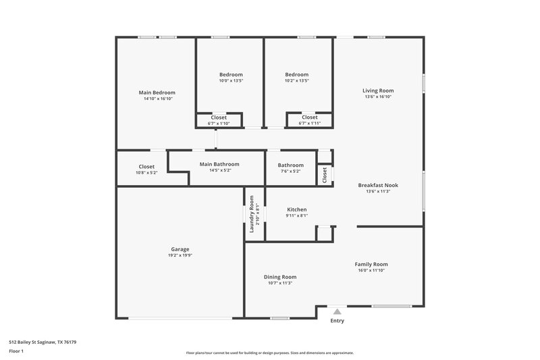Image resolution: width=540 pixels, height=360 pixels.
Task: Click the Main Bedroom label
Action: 157,93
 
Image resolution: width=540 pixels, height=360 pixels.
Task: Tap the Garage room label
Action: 179,249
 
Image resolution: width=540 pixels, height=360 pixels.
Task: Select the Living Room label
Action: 377,91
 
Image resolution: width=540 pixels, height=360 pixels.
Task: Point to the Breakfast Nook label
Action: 377,185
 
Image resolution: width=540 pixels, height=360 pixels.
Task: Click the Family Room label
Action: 371,264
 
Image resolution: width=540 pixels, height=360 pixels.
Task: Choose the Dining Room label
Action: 279,277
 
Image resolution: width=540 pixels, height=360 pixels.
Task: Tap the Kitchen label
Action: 297,209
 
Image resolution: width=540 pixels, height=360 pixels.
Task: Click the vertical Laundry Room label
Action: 252,214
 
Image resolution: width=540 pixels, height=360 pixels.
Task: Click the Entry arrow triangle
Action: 337,311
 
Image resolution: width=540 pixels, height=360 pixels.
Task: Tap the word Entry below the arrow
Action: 337,321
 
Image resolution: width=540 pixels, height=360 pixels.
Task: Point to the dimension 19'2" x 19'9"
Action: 179,256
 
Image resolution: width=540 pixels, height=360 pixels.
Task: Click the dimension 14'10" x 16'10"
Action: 157,99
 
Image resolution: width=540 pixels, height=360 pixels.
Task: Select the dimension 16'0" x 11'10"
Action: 371,271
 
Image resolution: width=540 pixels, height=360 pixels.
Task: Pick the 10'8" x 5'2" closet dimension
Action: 146,173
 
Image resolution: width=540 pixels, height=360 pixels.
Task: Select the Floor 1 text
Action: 17,351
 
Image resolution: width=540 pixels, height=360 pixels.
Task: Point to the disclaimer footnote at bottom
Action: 269,353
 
